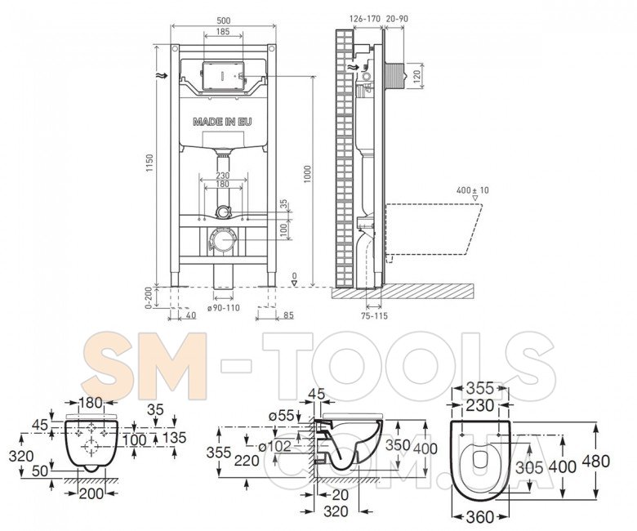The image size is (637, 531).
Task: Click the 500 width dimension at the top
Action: tap(224, 20)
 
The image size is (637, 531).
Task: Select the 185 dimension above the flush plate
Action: tap(223, 31)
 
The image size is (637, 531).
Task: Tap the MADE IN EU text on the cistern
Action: tap(222, 122)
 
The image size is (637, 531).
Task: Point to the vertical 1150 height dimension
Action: tap(150, 163)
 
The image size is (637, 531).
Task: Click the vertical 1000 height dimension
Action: tap(308, 174)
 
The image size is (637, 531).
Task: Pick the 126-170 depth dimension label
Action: tap(365, 19)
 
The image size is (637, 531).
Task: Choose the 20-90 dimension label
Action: tap(398, 19)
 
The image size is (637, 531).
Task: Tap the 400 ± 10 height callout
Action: tap(473, 190)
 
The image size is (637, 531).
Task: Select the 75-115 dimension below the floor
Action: tap(374, 315)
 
